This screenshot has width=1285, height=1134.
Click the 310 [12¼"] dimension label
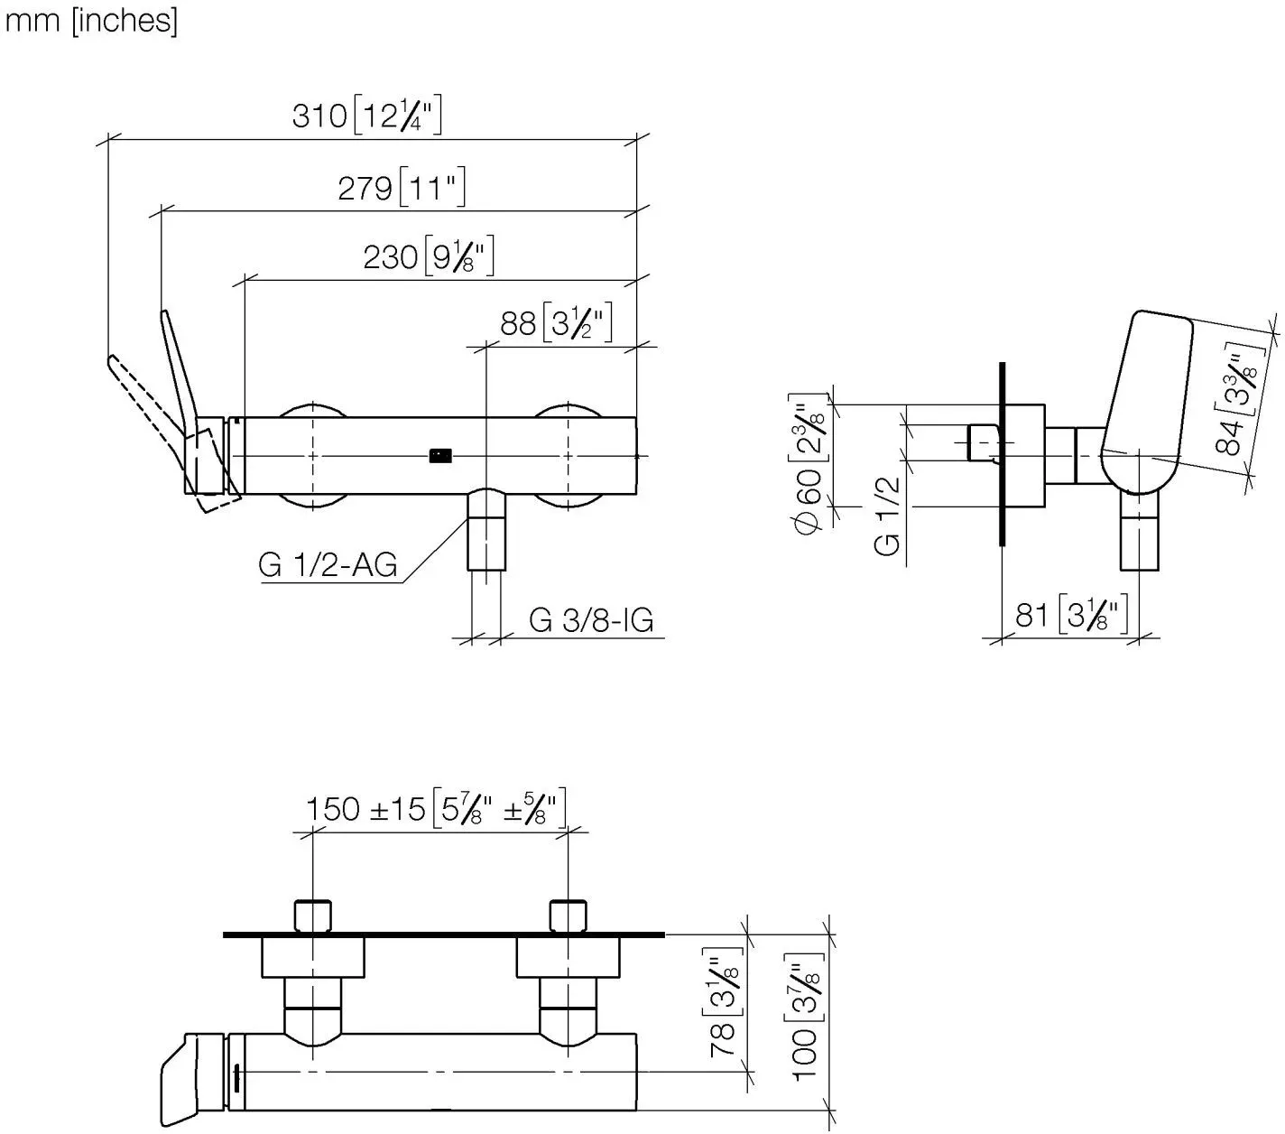click(x=366, y=115)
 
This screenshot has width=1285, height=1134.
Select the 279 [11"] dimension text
click(x=402, y=187)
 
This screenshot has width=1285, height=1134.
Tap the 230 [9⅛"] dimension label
click(x=428, y=256)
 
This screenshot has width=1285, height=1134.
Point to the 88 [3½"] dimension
click(x=556, y=322)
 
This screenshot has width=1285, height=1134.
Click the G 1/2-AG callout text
click(x=328, y=564)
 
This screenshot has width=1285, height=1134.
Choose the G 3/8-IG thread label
click(x=591, y=619)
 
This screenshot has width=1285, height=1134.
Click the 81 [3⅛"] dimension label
click(x=1071, y=614)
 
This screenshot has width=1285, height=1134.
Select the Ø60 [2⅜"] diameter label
click(x=808, y=464)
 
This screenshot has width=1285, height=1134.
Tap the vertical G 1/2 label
click(x=887, y=516)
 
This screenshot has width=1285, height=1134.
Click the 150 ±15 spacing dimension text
click(x=436, y=808)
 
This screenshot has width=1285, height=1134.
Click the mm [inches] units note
click(x=91, y=21)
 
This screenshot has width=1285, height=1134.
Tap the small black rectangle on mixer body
click(x=440, y=456)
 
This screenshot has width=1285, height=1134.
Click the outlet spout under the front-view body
click(x=486, y=530)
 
